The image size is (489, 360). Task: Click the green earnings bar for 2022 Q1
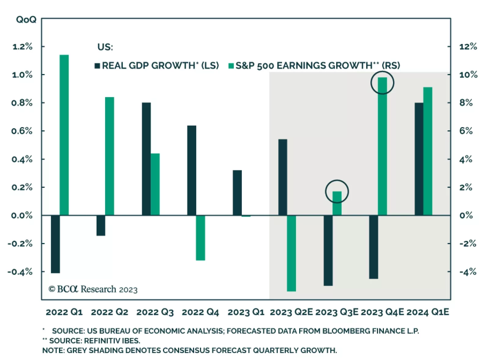point(64,135)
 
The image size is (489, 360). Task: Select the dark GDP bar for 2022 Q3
point(146,159)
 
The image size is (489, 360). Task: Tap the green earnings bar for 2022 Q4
point(200,238)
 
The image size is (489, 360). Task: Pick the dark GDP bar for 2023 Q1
point(237,193)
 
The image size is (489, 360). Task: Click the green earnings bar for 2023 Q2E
point(292,253)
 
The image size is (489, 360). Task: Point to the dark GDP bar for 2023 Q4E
point(373,247)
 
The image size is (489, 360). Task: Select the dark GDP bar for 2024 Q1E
point(419,159)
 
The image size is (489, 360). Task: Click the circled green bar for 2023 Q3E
point(337,203)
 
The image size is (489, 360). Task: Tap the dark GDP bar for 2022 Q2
point(101,225)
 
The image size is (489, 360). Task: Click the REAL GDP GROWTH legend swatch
point(97,66)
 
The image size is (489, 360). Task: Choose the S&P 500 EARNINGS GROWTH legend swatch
point(231,66)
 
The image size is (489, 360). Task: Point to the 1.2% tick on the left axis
point(22,46)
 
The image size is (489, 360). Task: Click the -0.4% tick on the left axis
point(20,272)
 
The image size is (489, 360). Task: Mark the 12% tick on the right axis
point(468,46)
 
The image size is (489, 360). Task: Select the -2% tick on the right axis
point(468,243)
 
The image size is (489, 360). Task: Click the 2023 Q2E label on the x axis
point(291,312)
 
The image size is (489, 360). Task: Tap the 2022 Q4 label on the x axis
point(200,312)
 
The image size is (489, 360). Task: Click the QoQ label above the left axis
point(26,20)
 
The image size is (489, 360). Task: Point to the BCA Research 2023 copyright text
point(93,289)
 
